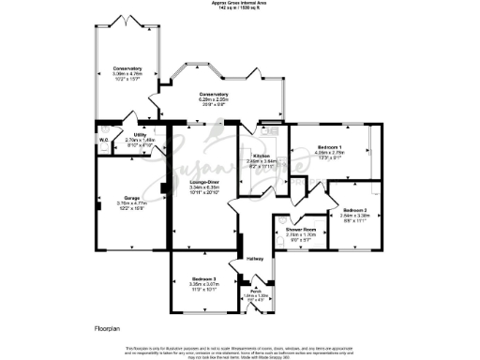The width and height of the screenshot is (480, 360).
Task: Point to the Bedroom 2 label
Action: [354, 209]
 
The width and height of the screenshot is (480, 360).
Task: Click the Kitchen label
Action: [262, 156]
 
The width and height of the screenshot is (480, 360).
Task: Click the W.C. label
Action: [103, 142]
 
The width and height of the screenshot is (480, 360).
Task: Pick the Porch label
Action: [255, 291]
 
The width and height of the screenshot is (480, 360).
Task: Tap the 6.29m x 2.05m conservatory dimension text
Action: [214, 99]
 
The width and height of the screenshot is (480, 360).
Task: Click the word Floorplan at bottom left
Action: [109, 329]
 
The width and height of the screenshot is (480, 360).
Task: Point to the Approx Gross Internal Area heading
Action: [239, 3]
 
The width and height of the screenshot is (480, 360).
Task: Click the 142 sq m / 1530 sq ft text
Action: [239, 8]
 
